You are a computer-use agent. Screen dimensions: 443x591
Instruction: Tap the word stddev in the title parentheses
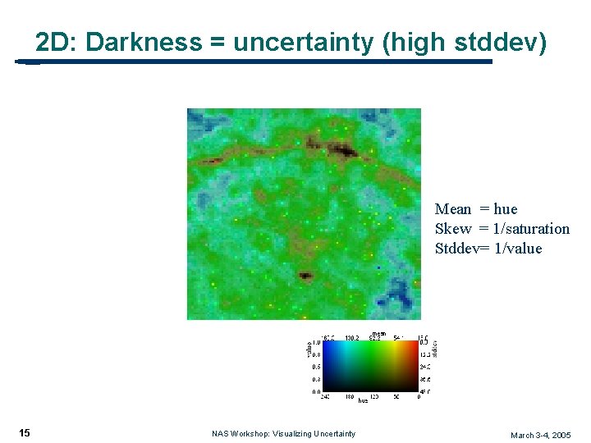point(497,42)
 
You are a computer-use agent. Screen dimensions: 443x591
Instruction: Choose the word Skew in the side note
point(453,229)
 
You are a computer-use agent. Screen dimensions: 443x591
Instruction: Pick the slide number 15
point(25,433)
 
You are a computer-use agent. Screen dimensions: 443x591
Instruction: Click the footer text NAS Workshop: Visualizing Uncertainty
point(283,434)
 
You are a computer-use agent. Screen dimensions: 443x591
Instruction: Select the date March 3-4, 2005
point(540,435)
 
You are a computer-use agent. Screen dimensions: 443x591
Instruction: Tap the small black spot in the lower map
point(305,276)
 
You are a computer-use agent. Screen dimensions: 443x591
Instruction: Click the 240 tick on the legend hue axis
point(326,396)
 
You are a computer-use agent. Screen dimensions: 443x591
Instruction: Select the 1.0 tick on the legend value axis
point(315,342)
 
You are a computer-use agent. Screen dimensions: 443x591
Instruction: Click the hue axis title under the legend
point(363,400)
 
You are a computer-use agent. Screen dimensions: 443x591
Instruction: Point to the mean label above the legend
point(379,333)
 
